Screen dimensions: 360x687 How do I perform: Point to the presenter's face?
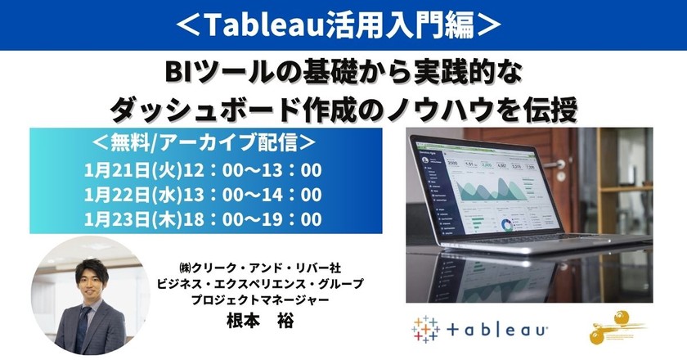click(92, 271)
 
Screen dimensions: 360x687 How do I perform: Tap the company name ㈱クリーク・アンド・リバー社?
click(264, 268)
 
